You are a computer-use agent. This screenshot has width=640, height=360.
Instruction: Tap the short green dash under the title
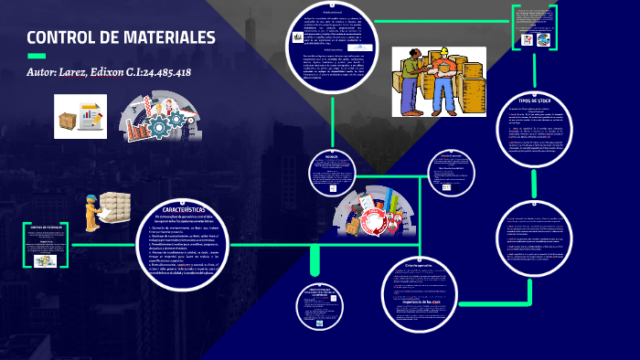click(37, 56)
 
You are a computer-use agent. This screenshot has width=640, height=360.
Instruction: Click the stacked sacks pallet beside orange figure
click(115, 206)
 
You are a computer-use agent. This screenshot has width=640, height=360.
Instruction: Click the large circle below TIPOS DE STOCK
click(538, 239)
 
